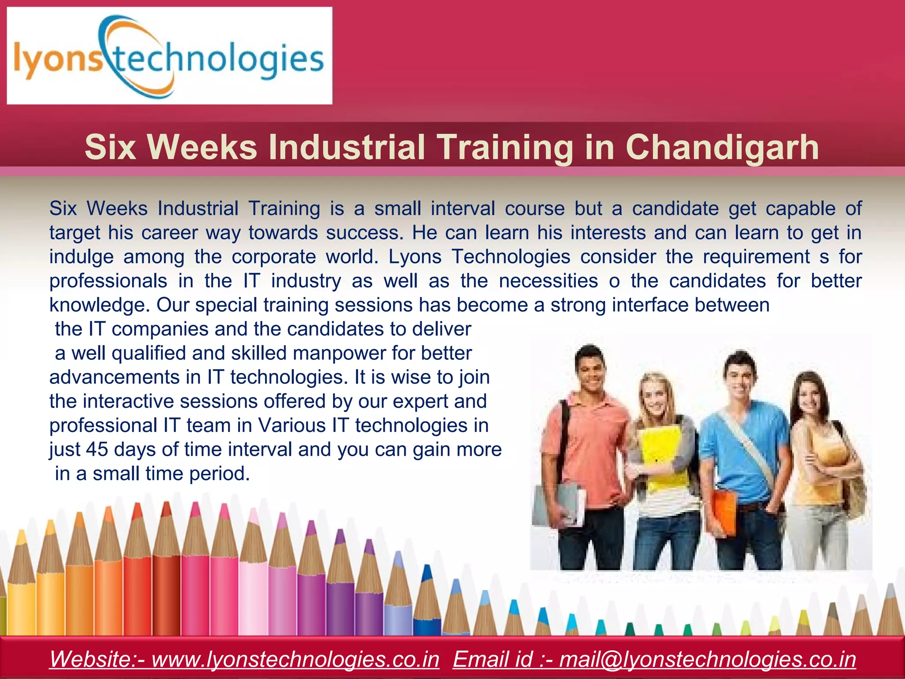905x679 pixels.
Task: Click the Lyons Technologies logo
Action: point(169,56)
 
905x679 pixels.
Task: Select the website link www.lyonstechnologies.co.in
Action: point(295,659)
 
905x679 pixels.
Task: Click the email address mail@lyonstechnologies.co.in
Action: point(707,659)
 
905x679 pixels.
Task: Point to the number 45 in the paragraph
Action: point(97,450)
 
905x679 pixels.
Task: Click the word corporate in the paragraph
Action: point(274,257)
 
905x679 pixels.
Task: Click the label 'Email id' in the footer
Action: point(493,659)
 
